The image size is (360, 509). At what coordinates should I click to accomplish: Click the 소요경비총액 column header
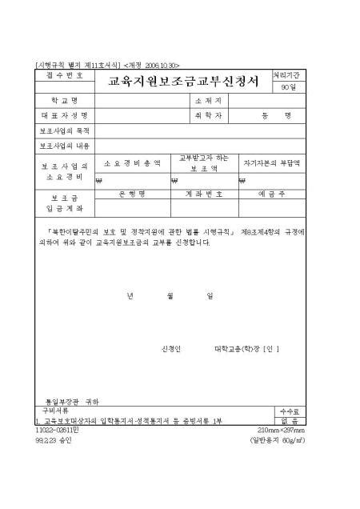(132, 163)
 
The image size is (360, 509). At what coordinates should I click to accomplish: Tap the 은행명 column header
(132, 193)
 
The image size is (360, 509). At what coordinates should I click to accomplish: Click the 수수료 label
(288, 410)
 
